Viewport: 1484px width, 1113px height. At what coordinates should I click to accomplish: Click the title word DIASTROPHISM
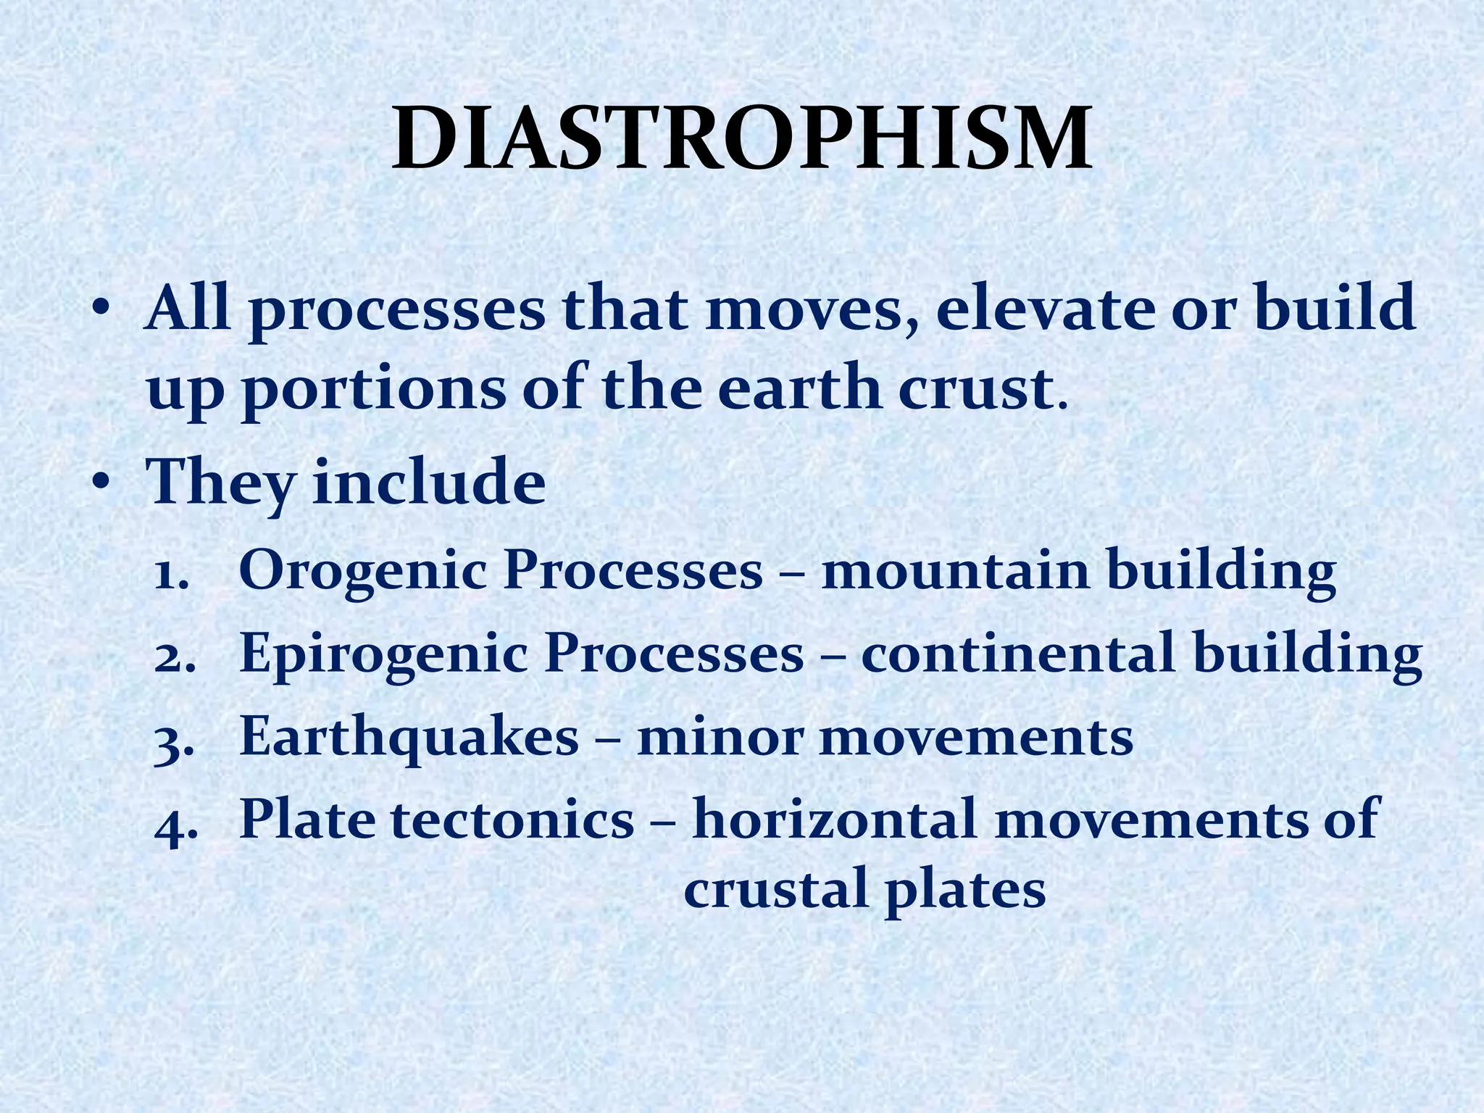pos(742,138)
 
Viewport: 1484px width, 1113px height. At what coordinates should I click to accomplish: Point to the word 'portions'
pos(373,391)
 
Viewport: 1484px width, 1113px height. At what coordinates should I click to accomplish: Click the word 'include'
pos(429,482)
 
